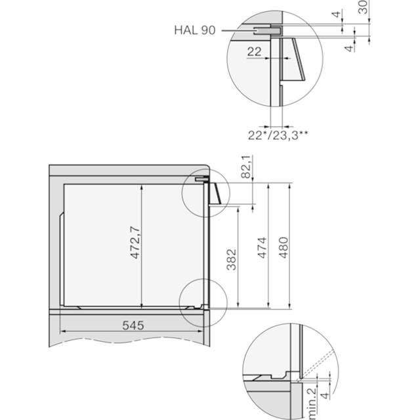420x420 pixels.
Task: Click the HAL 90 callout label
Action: pos(195,30)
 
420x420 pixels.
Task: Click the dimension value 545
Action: pos(133,325)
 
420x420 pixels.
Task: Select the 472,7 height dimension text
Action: pos(135,242)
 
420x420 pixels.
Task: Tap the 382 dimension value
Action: pos(232,260)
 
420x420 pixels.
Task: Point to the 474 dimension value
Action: pos(262,248)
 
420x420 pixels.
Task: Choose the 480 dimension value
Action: pos(283,248)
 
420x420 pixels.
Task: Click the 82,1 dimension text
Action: pos(246,167)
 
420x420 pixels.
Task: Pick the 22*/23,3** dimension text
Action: pos(278,135)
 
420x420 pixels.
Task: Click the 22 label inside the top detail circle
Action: pos(254,51)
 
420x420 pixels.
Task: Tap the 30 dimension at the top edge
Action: pos(363,7)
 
